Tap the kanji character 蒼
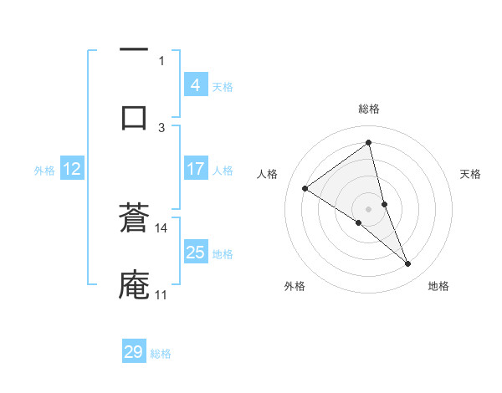pyautogui.click(x=134, y=219)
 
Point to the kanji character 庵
pyautogui.click(x=134, y=283)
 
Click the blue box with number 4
pyautogui.click(x=195, y=84)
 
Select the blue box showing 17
pyautogui.click(x=195, y=169)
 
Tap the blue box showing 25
pyautogui.click(x=195, y=253)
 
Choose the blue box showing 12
pyautogui.click(x=72, y=169)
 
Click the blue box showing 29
pyautogui.click(x=133, y=352)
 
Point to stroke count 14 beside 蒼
pyautogui.click(x=161, y=227)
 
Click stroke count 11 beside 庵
pyautogui.click(x=161, y=294)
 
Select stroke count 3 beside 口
pyautogui.click(x=161, y=127)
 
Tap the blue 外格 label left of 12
pyautogui.click(x=44, y=171)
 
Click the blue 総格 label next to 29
pyautogui.click(x=161, y=354)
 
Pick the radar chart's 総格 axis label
pyautogui.click(x=369, y=109)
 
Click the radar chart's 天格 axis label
pyautogui.click(x=471, y=174)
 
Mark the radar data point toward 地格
pyautogui.click(x=408, y=264)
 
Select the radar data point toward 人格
pyautogui.click(x=305, y=188)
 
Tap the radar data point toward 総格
pyautogui.click(x=369, y=143)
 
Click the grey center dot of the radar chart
pyautogui.click(x=369, y=208)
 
